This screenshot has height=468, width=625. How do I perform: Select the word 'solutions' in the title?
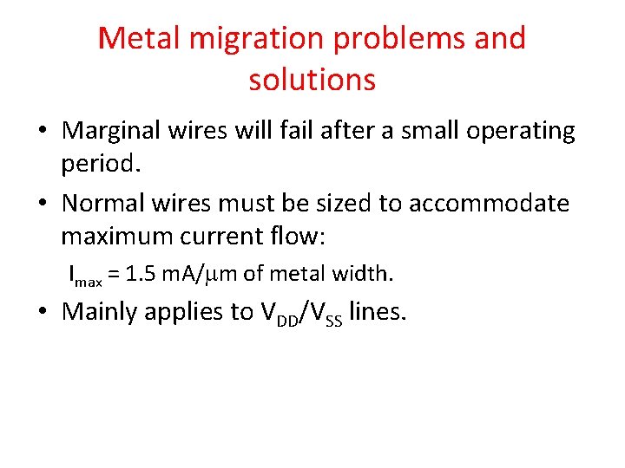pos(312,80)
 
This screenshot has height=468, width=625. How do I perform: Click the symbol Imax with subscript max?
pos(86,276)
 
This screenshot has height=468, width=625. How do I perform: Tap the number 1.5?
pos(141,275)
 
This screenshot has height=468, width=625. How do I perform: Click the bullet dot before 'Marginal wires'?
pos(43,132)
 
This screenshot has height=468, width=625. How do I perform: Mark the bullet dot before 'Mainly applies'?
pos(43,313)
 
